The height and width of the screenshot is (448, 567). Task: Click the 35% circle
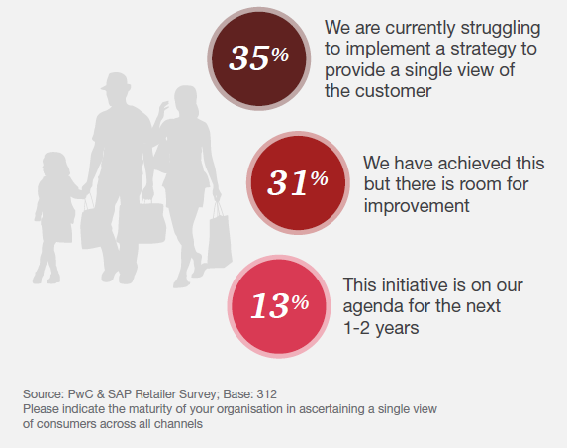coord(259,58)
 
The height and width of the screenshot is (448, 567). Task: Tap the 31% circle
coord(298,182)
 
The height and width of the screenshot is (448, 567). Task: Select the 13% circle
coord(279,306)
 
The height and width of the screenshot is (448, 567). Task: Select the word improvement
coord(417,206)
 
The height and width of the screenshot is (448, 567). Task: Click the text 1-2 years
coord(381,328)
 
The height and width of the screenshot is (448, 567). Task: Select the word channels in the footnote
coord(178,424)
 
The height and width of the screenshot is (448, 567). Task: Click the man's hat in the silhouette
coord(116,81)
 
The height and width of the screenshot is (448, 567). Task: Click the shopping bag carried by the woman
coord(219,237)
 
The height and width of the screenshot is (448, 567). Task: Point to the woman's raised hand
coord(163,108)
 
